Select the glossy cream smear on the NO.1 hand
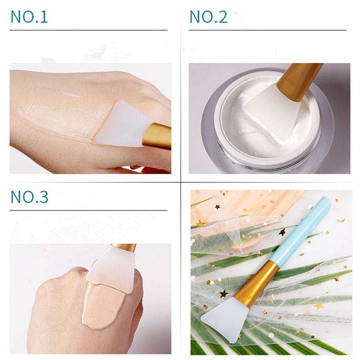tap(58, 112)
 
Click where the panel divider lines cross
tap(180, 182)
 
